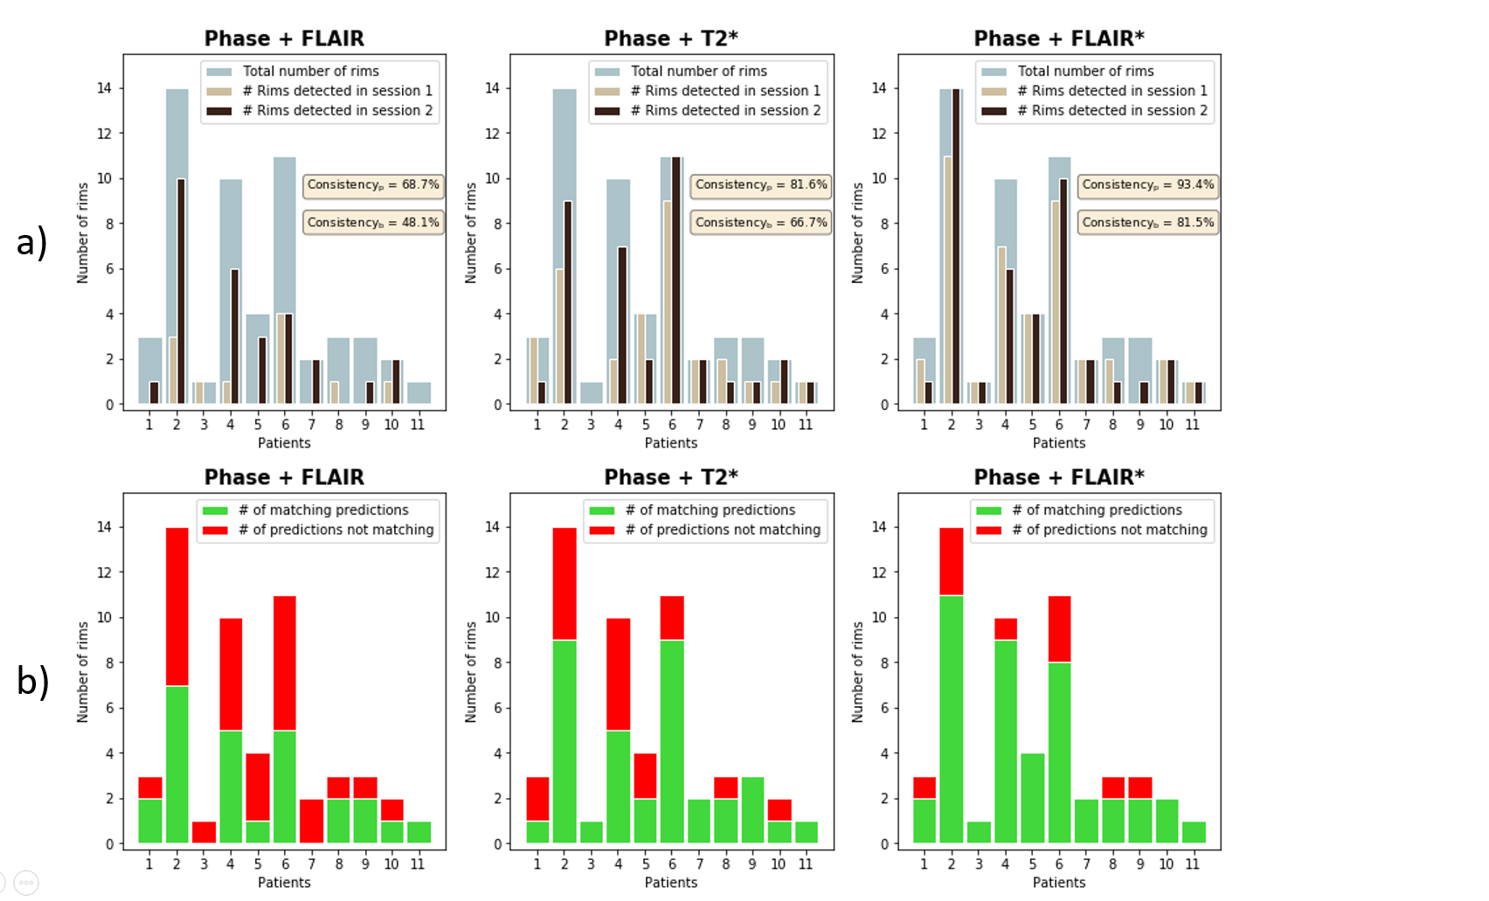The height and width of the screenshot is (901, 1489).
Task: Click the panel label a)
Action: click(x=31, y=242)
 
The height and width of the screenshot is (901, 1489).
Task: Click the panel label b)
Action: click(x=31, y=681)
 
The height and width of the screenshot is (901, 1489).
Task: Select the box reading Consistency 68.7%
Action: click(x=373, y=185)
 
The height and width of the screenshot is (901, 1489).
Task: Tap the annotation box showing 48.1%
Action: click(x=373, y=223)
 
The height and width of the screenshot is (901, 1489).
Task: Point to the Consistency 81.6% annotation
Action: click(x=760, y=185)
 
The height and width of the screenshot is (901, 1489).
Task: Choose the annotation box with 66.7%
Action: click(x=760, y=223)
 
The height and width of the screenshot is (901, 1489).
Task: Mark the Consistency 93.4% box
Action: click(x=1147, y=185)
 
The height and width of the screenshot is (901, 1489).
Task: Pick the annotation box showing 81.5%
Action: click(x=1147, y=223)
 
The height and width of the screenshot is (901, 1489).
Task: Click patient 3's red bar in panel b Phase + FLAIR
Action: click(x=204, y=832)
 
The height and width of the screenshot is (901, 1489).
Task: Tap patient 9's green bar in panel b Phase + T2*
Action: click(x=752, y=809)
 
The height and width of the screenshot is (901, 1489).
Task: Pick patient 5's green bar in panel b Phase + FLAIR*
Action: click(x=1032, y=798)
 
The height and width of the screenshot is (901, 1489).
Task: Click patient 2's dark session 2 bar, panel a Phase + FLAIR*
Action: click(x=956, y=246)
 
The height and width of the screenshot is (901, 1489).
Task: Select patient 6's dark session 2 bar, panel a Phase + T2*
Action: click(x=676, y=280)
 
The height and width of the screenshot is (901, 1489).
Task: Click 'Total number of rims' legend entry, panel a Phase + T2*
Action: click(x=698, y=72)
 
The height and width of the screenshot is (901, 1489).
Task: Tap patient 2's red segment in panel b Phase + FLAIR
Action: click(x=177, y=606)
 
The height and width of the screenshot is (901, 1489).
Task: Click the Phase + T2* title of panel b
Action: click(x=671, y=477)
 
